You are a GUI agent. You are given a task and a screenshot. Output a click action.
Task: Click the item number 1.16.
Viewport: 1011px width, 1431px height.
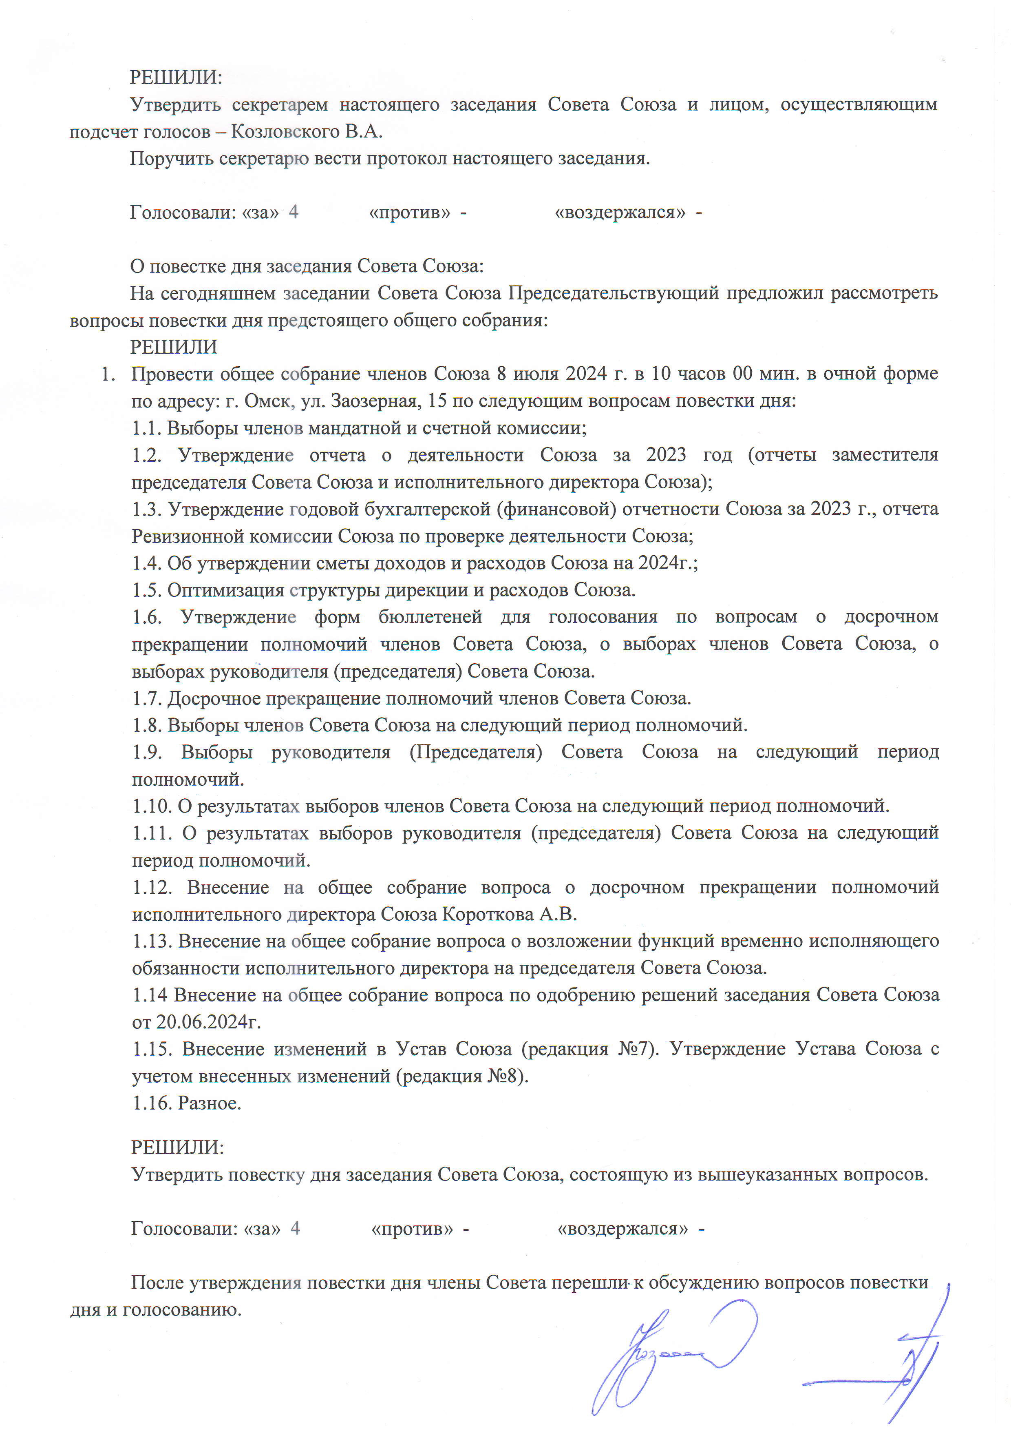[x=152, y=1103]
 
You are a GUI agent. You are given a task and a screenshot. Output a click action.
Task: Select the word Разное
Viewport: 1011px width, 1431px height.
[x=210, y=1103]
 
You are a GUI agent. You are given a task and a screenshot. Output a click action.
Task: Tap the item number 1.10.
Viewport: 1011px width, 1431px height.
[x=152, y=806]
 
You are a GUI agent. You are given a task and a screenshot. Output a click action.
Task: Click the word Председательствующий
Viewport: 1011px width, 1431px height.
[x=613, y=293]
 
